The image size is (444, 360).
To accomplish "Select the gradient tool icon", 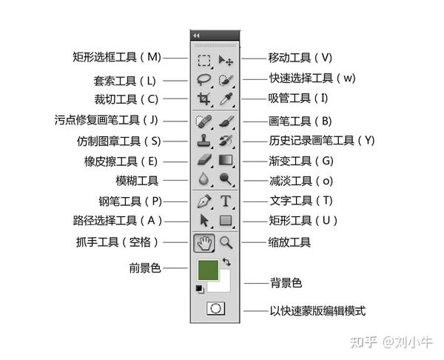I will [226, 159].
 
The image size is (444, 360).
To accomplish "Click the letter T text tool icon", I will [226, 201].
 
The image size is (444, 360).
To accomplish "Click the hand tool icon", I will [204, 241].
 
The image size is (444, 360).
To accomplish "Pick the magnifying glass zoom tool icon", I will [226, 241].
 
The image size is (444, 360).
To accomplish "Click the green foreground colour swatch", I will [208, 270].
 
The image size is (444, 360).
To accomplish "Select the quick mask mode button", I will [215, 310].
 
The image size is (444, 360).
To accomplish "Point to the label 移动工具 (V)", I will [300, 57].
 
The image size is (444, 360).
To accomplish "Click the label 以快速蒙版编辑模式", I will [317, 311].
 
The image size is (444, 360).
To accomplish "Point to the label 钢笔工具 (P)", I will [129, 201].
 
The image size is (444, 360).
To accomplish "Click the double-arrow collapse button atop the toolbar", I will [196, 35].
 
